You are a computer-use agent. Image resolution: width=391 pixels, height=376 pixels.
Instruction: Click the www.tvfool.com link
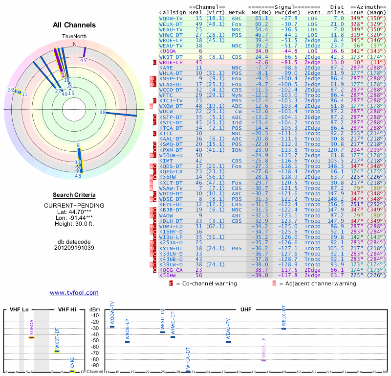[x=74, y=293]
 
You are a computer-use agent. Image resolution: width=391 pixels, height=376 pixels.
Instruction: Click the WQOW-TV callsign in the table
[x=171, y=18]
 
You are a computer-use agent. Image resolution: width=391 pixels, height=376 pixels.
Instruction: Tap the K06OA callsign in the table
[x=167, y=50]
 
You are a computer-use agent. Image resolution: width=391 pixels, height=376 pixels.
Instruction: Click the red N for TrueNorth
[x=75, y=44]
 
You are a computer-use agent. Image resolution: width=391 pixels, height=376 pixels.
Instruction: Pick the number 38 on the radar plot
[x=102, y=113]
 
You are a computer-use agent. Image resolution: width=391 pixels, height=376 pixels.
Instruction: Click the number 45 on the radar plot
[x=84, y=60]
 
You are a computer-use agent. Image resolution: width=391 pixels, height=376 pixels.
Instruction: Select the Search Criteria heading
[x=74, y=195]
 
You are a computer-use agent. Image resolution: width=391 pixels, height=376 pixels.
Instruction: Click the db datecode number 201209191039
[x=74, y=248]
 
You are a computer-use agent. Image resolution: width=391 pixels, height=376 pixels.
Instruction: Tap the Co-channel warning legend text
[x=213, y=283]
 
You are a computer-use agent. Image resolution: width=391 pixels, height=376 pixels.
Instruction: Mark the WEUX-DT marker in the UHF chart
[x=283, y=329]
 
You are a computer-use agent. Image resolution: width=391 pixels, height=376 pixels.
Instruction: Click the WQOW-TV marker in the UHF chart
[x=112, y=327]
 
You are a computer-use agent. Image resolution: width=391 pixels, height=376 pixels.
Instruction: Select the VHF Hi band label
[x=66, y=310]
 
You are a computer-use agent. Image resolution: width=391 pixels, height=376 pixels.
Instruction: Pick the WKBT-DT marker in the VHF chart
[x=57, y=351]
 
